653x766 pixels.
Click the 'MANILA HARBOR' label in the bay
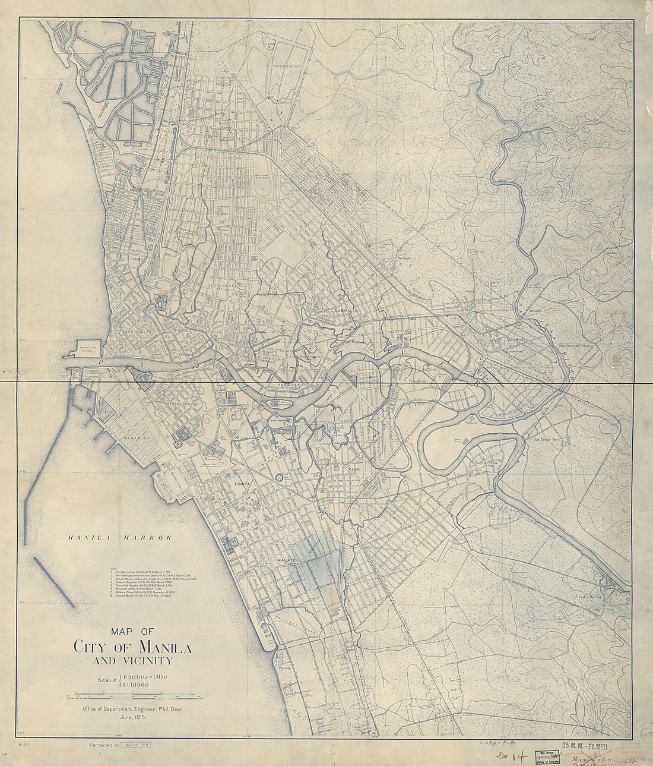click(x=119, y=538)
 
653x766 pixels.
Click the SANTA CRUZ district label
click(x=221, y=286)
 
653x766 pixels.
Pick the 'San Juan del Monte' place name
click(x=575, y=345)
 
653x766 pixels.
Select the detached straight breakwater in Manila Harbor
click(x=54, y=582)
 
